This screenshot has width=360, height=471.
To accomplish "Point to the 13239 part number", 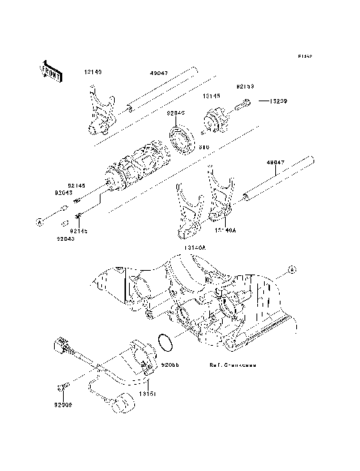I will coord(271,100).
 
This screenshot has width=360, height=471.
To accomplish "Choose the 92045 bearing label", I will coord(175,113).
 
